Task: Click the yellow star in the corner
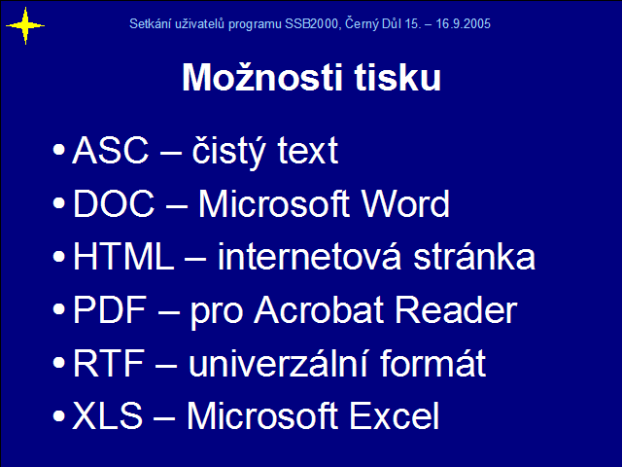point(25,26)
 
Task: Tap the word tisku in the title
point(397,77)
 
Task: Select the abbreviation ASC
point(110,150)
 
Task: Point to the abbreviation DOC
point(114,203)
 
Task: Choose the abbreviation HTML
point(123,256)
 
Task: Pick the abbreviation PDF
point(110,309)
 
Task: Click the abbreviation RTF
point(108,363)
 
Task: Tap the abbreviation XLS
point(108,415)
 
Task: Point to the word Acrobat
point(319,309)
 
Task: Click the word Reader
point(456,309)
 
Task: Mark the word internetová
point(310,256)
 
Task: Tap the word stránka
point(474,256)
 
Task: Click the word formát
point(433,362)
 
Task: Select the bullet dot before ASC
point(58,150)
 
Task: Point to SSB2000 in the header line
point(311,23)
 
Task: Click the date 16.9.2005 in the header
point(464,23)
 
